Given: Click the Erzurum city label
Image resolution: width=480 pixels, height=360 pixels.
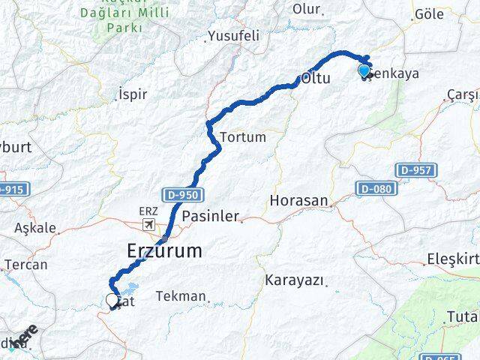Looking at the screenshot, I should click(165, 250).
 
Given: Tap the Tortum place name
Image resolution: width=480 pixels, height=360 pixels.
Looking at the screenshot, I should click(243, 138).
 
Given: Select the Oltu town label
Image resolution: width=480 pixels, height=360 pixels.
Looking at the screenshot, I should click(315, 78).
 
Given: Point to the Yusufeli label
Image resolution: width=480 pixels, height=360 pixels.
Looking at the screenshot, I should click(233, 36).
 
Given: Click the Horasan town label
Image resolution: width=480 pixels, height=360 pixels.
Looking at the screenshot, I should click(299, 201).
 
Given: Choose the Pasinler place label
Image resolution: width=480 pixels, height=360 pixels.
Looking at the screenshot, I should click(211, 216).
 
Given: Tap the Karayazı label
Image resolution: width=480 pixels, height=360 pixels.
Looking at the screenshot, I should click(295, 280).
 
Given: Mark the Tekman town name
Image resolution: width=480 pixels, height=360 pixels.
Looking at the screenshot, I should click(181, 296).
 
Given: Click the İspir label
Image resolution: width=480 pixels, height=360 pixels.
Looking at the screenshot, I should click(133, 94).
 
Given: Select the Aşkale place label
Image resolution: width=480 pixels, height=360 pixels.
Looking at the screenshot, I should click(35, 228).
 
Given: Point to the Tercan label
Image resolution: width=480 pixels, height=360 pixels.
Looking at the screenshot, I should click(25, 265).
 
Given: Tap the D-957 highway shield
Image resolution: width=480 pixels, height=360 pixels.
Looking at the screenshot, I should click(415, 170).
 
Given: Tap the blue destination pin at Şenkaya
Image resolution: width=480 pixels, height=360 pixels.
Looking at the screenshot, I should click(364, 71).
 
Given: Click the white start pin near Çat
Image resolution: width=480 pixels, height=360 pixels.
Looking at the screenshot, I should click(112, 301).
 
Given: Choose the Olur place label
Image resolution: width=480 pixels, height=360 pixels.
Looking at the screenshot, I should click(306, 10).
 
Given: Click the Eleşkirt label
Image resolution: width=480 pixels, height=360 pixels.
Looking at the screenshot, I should click(452, 259).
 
